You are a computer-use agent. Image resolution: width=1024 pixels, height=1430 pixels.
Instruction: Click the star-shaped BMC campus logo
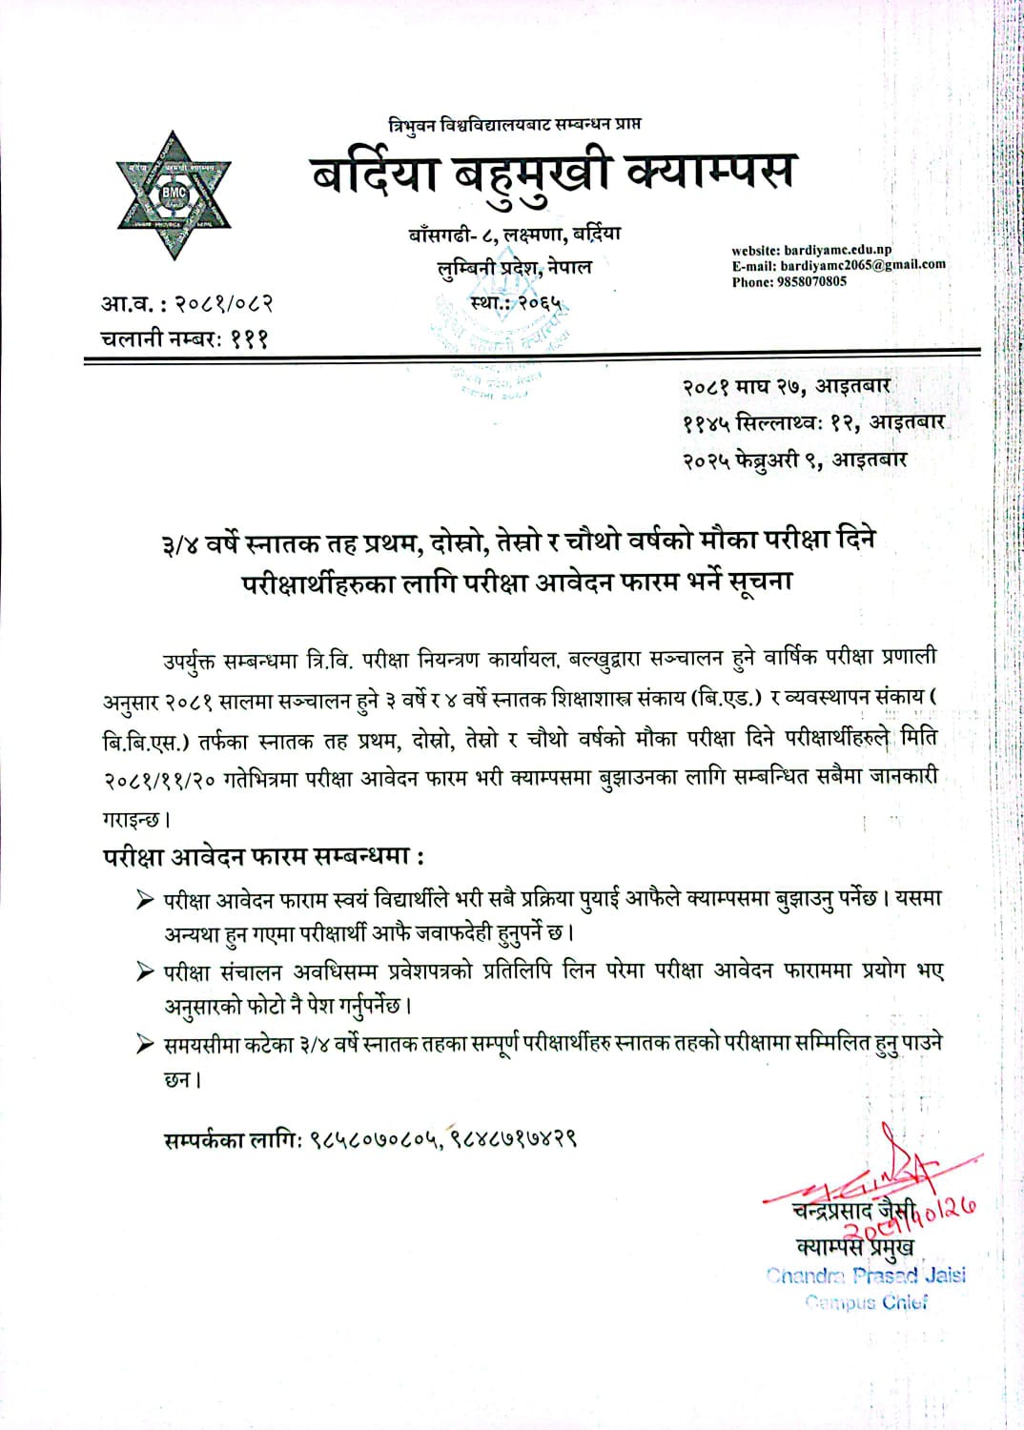(x=174, y=194)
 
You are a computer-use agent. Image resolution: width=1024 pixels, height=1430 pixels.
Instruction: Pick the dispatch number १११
(x=249, y=337)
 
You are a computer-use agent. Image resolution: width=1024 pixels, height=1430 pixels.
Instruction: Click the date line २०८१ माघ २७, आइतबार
(x=786, y=386)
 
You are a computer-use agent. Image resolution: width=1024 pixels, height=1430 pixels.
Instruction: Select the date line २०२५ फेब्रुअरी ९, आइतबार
(x=794, y=460)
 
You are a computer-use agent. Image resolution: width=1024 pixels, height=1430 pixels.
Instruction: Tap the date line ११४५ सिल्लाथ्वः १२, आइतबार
(x=813, y=422)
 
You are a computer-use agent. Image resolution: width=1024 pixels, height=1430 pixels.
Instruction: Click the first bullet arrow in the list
(x=145, y=899)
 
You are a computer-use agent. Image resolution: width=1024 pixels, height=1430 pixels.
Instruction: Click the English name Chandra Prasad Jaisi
(x=866, y=1276)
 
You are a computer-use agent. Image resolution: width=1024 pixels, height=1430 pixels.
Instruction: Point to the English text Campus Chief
(x=866, y=1302)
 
